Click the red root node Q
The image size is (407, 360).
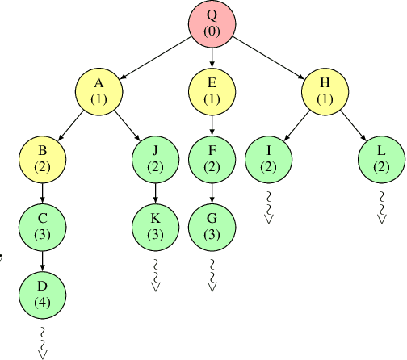click(212, 23)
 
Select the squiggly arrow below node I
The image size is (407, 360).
click(268, 205)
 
